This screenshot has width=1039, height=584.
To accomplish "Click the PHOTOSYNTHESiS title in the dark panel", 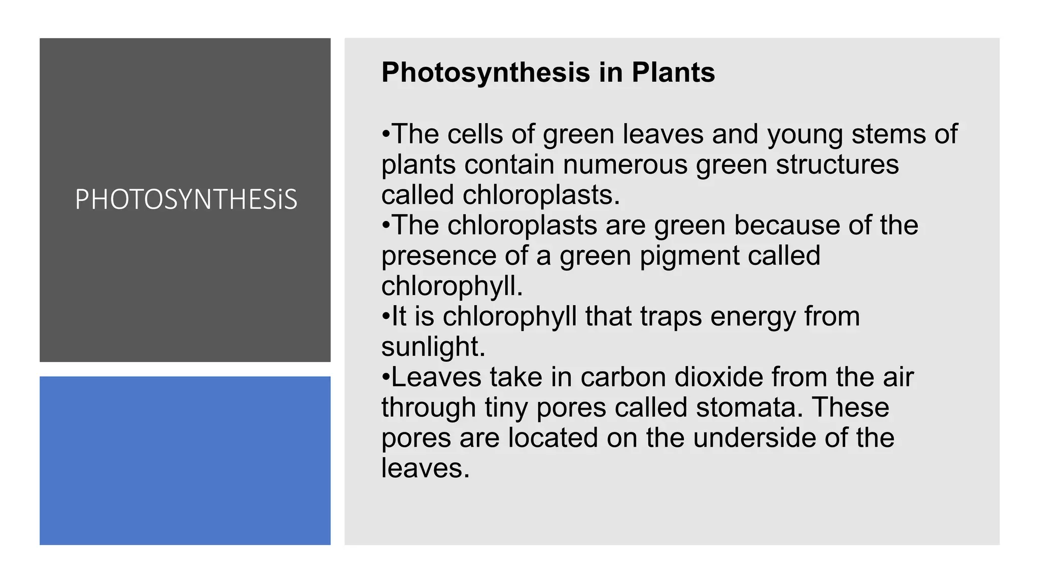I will click(x=186, y=199).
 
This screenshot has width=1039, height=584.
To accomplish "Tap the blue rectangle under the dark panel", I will click(x=185, y=460).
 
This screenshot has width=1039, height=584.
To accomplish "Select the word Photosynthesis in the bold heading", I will click(x=486, y=72).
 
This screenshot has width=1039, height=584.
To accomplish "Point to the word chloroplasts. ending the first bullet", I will click(x=541, y=195).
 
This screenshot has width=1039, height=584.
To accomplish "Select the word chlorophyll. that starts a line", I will click(x=452, y=286).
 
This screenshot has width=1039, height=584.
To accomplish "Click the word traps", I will click(x=671, y=317).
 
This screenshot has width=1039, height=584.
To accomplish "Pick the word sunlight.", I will click(x=433, y=347).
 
